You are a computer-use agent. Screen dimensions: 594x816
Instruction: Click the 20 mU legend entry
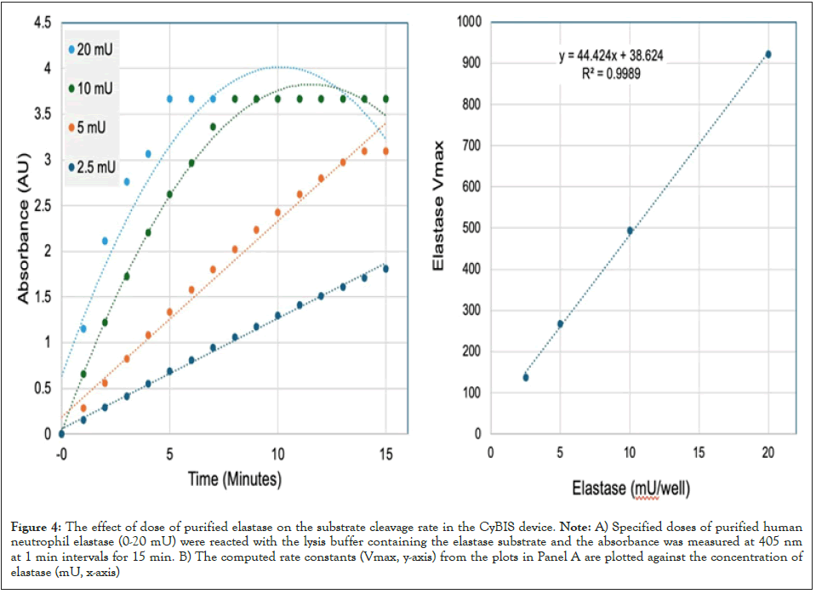(x=94, y=49)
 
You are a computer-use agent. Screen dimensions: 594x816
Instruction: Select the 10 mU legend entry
(x=94, y=88)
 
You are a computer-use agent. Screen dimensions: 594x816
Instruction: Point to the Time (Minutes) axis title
(x=234, y=479)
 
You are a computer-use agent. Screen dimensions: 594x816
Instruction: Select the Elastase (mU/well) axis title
(x=631, y=489)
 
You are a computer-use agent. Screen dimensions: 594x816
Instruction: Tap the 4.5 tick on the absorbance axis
(x=41, y=22)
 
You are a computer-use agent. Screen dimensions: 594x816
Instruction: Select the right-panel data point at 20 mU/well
(x=767, y=54)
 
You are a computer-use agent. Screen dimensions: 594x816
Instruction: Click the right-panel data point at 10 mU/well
(x=630, y=231)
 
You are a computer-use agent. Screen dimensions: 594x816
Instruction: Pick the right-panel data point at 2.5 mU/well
(x=525, y=377)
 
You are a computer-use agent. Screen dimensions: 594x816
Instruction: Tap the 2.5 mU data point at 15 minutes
(x=385, y=269)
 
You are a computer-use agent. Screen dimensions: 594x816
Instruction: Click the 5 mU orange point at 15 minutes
(x=385, y=151)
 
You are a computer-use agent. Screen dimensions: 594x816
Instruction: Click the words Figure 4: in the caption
(x=38, y=530)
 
